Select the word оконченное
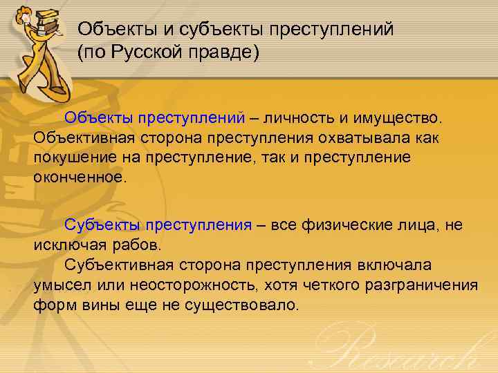[80, 177]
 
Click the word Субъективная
[120, 265]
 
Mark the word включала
[395, 265]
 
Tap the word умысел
[60, 285]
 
